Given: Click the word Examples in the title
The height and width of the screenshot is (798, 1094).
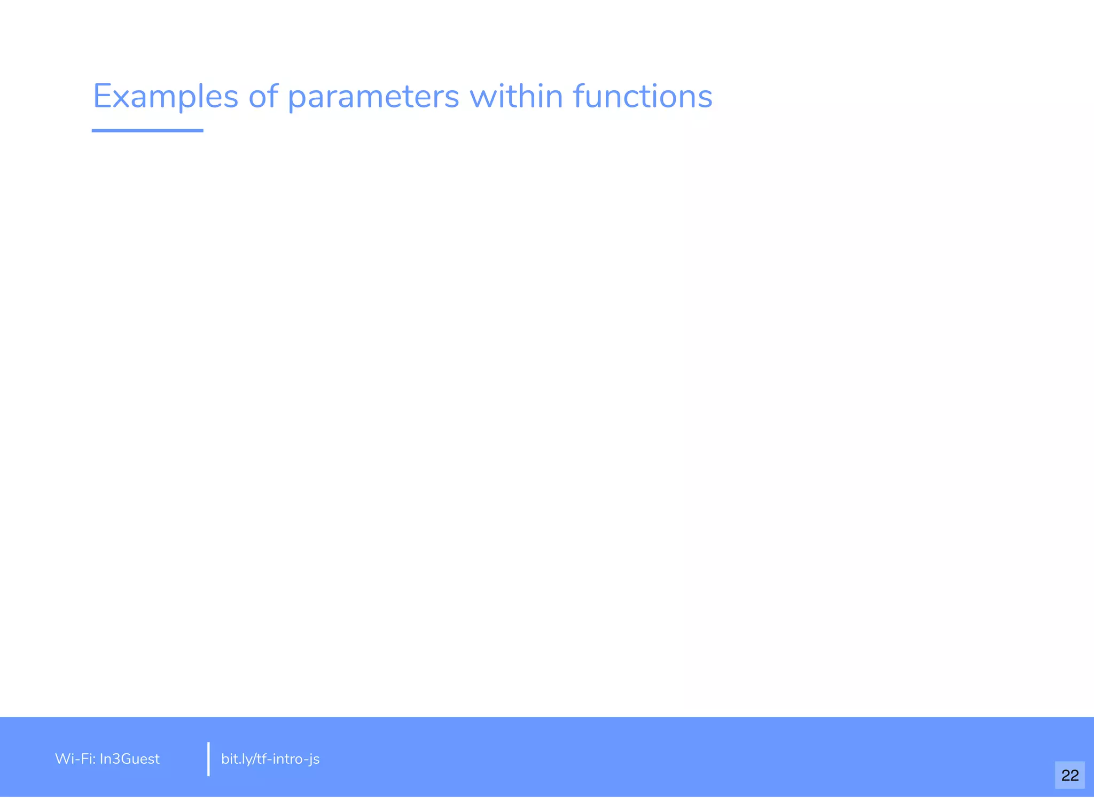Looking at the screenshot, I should click(x=166, y=97).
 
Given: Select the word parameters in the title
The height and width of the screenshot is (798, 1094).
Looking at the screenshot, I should click(x=373, y=97).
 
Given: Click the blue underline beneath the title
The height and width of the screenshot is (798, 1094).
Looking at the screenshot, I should click(x=147, y=130).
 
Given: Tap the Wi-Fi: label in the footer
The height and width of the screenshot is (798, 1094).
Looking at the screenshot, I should click(x=75, y=759).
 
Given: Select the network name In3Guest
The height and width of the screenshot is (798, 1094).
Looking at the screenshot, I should click(x=130, y=759).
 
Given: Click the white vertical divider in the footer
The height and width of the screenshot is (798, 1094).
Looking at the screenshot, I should click(x=208, y=759).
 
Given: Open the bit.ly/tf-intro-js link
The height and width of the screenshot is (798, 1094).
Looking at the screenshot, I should click(x=270, y=759).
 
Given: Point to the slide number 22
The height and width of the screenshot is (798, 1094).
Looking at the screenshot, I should click(x=1069, y=775).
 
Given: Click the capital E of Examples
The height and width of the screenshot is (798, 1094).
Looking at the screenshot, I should click(x=101, y=97).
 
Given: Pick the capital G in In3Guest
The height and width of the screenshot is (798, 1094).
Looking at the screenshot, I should click(x=122, y=759).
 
